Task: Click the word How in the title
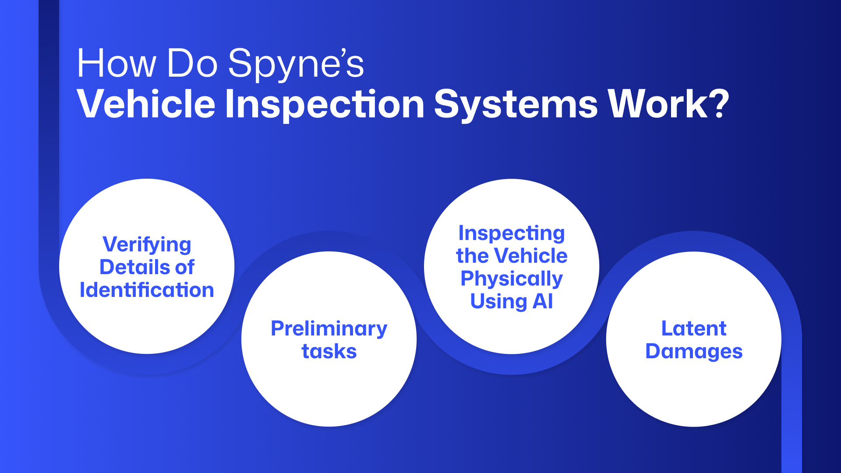coord(116,64)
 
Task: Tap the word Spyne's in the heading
coord(296,65)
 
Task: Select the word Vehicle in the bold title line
coord(146,104)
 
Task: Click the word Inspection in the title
coord(325,105)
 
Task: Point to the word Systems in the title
coord(516,105)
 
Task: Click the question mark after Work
coord(719,104)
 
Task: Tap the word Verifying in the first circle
coord(147,245)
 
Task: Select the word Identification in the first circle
coord(147,290)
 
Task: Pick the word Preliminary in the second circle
coord(329,328)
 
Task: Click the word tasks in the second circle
coord(329,351)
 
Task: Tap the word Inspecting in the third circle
coord(511,233)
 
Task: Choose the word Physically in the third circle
coord(511,279)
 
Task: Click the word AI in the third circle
coord(542,301)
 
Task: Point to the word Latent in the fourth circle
coord(694,328)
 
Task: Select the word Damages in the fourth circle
coord(694,351)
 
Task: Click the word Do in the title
coord(192,64)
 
